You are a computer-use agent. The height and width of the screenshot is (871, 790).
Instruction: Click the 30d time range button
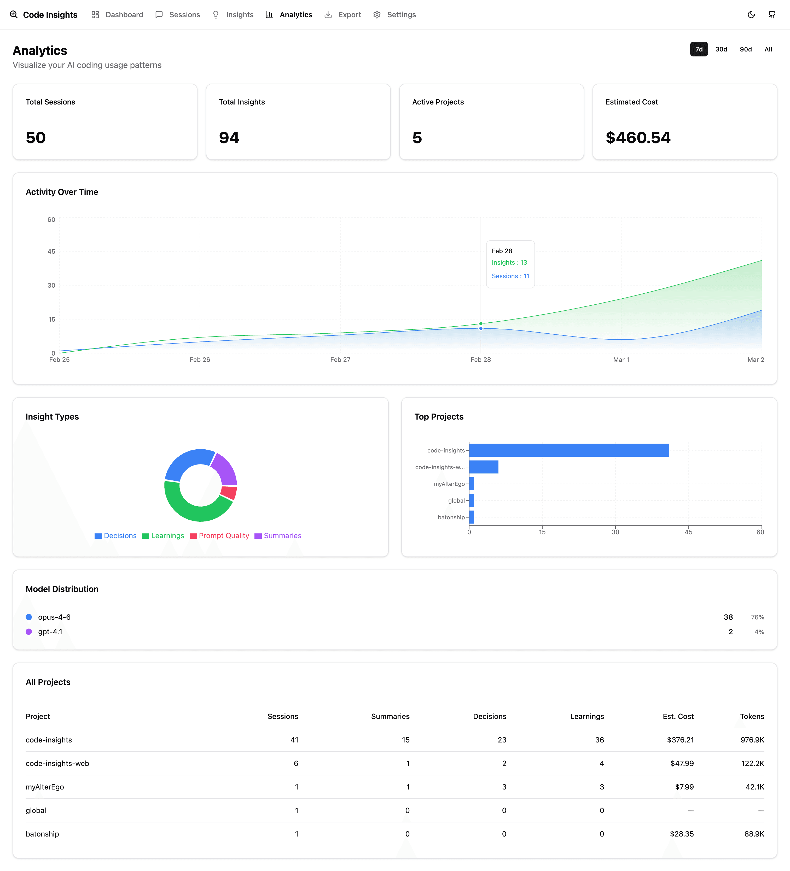721,49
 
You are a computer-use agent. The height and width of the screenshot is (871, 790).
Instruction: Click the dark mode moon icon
751,15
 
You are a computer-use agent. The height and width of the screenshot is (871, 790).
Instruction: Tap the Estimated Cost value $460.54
637,138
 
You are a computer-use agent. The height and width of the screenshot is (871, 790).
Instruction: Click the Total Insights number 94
229,138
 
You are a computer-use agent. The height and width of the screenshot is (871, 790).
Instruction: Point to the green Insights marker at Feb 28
481,324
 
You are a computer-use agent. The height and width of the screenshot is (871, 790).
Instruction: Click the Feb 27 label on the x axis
340,359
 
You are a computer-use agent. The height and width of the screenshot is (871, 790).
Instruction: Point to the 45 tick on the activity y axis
51,251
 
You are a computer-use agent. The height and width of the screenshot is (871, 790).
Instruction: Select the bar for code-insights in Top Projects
568,450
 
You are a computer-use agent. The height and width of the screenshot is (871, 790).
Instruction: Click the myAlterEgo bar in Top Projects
472,484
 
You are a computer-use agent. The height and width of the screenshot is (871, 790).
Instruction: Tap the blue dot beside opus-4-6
29,617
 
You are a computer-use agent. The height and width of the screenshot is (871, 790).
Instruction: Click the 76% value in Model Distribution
757,617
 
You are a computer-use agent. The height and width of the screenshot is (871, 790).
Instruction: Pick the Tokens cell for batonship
754,834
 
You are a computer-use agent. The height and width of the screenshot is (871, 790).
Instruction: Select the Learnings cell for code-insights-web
601,763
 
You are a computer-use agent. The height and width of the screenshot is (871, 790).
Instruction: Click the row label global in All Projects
36,810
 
